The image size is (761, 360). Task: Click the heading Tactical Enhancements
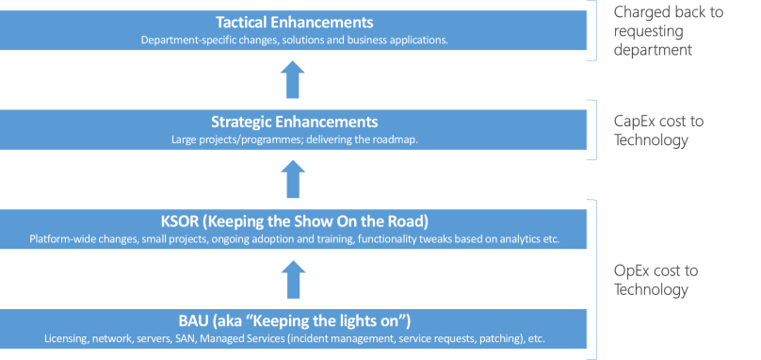294,22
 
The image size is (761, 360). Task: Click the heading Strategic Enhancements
294,122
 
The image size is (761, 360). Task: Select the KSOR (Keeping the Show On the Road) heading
294,221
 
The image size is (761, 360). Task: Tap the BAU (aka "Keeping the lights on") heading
294,320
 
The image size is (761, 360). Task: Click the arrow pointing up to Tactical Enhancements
294,80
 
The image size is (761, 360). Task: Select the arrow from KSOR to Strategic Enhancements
294,179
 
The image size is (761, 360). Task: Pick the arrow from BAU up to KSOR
294,279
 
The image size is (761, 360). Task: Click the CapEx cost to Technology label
658,130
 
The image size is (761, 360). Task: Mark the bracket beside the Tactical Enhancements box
592,31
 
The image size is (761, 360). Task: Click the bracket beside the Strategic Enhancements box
592,130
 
